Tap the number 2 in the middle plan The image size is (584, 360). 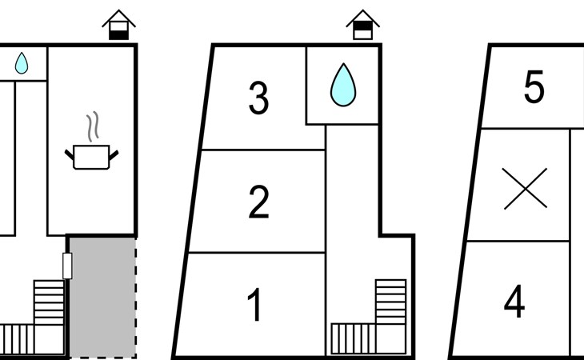[258, 202]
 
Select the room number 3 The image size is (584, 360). [258, 98]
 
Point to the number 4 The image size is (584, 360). [514, 301]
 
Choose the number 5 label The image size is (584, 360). [534, 86]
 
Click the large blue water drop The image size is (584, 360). [343, 85]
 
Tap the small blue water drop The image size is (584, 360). [22, 63]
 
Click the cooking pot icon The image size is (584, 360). [92, 157]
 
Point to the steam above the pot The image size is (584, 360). [93, 126]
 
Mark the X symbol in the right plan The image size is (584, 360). [525, 188]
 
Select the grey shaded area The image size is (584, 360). [102, 297]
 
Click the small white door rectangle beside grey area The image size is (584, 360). [67, 266]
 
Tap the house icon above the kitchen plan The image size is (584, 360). [119, 25]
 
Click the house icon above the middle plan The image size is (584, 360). [362, 25]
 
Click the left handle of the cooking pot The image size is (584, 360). [70, 154]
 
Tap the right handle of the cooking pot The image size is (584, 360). [114, 155]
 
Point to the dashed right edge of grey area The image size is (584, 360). [135, 298]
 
